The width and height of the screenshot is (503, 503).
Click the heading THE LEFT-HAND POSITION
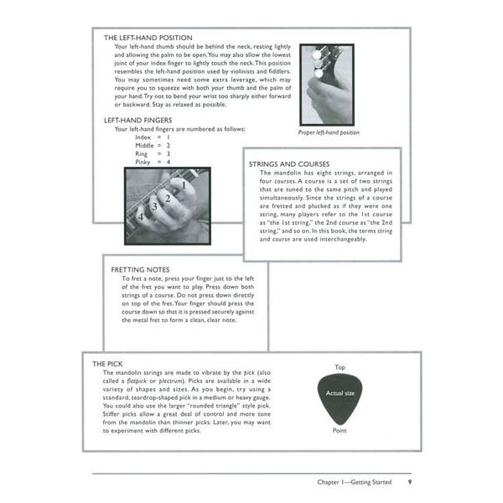point(148,38)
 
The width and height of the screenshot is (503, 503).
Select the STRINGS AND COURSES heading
point(289,163)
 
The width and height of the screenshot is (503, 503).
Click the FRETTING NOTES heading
point(140,270)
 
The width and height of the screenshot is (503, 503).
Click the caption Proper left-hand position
point(329,132)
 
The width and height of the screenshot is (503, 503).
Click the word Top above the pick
point(340,367)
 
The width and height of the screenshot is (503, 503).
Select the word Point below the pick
point(340,431)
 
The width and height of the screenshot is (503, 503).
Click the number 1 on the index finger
point(183,183)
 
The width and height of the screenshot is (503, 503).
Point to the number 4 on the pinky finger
point(140,216)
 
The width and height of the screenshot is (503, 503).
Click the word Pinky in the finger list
point(131,162)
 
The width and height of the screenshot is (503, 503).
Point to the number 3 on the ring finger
point(153,206)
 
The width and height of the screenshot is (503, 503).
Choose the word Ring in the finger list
point(129,153)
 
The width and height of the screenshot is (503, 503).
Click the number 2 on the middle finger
point(168,198)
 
